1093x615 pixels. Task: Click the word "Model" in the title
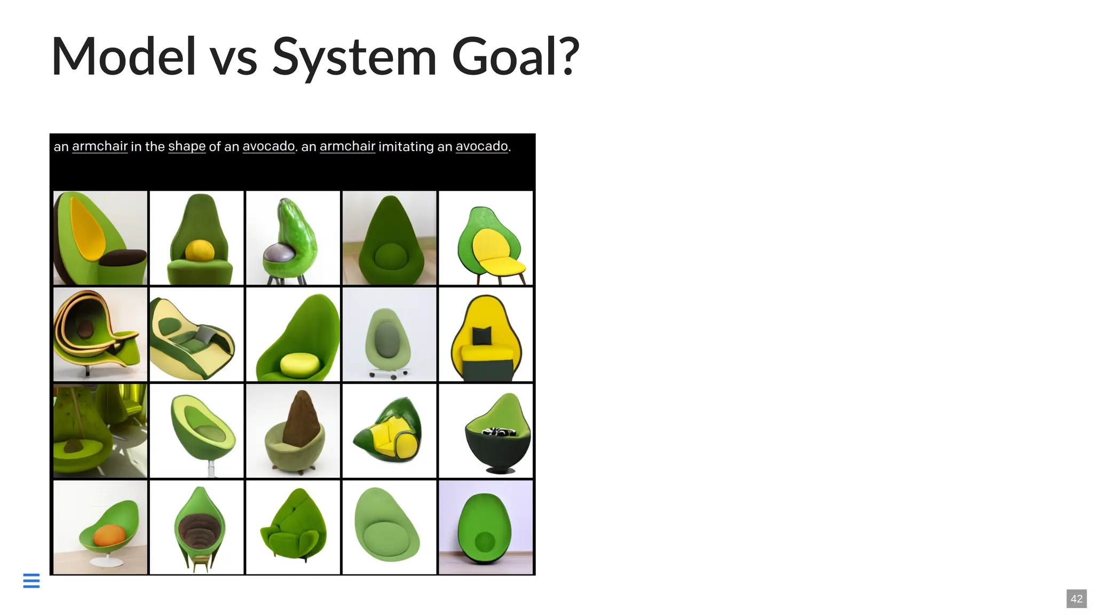pyautogui.click(x=123, y=57)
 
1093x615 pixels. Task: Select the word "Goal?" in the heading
pyautogui.click(x=515, y=57)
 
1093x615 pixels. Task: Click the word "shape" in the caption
pyautogui.click(x=187, y=146)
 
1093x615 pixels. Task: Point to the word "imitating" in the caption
pyautogui.click(x=406, y=146)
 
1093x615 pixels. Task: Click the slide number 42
pyautogui.click(x=1076, y=598)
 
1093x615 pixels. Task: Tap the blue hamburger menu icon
pyautogui.click(x=31, y=580)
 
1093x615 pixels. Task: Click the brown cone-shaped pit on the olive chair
pyautogui.click(x=302, y=419)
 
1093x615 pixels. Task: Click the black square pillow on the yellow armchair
pyautogui.click(x=481, y=336)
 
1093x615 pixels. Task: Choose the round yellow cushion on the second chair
pyautogui.click(x=200, y=250)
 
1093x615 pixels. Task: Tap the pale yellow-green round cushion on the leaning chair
pyautogui.click(x=299, y=364)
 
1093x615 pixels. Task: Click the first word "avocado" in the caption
pyautogui.click(x=268, y=146)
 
